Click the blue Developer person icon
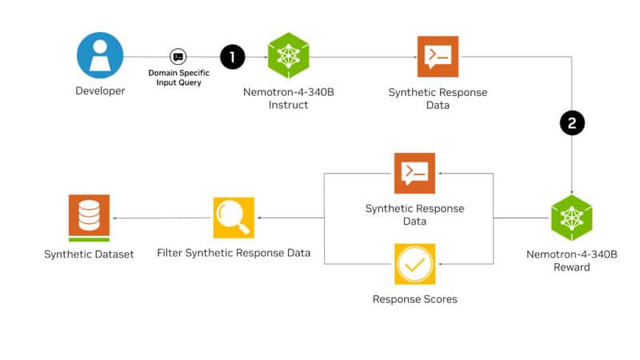click(100, 55)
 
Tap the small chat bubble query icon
click(178, 57)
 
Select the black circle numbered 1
click(232, 56)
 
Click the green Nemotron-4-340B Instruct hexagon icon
click(288, 56)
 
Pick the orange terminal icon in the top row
click(438, 56)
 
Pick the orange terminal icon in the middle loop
click(414, 173)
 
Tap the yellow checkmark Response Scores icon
click(414, 264)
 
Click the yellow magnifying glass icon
click(233, 218)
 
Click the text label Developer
click(100, 91)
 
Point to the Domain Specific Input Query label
click(179, 78)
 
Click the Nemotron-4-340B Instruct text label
click(288, 98)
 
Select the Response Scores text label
click(414, 299)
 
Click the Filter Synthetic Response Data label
click(234, 254)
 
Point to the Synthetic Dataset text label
click(89, 254)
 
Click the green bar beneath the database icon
click(89, 238)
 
